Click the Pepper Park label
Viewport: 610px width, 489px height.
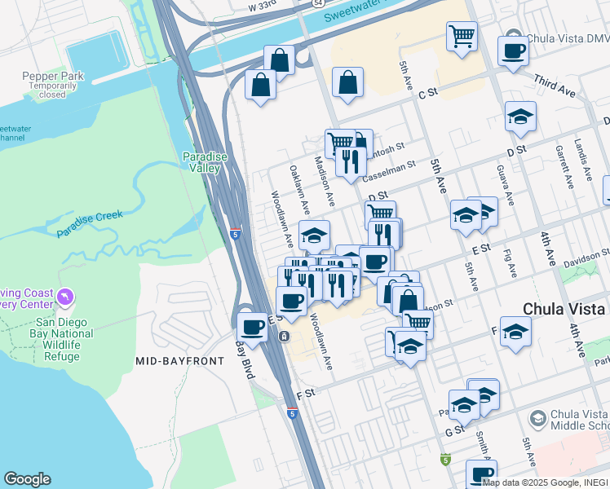[x=53, y=76]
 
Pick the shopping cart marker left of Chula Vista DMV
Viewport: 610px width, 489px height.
[x=462, y=36]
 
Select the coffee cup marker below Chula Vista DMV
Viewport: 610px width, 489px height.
[x=513, y=51]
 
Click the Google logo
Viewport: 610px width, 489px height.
[x=27, y=479]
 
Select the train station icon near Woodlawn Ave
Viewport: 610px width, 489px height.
[x=284, y=336]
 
